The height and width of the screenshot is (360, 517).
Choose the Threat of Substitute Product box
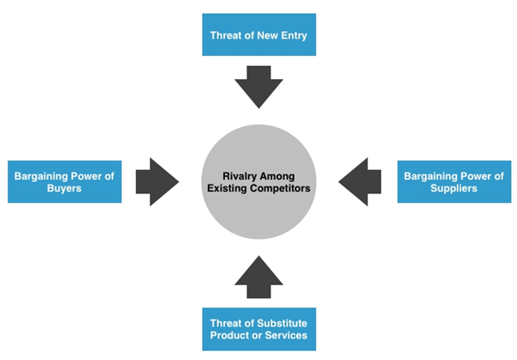(258, 328)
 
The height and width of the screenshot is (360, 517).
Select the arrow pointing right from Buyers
(155, 181)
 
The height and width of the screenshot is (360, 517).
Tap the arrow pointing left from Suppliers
(362, 181)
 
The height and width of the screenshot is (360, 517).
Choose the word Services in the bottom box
(284, 335)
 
